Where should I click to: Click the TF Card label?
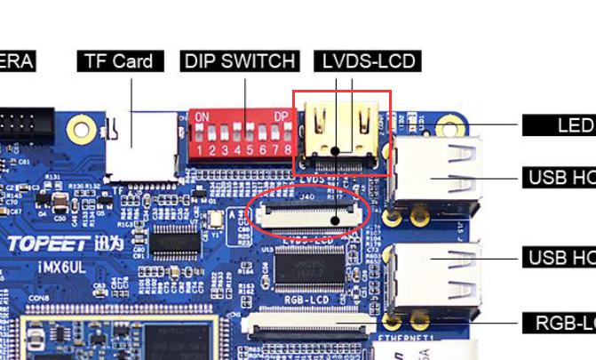point(120,61)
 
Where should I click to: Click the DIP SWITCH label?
point(238,61)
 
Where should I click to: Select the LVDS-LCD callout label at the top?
point(367,61)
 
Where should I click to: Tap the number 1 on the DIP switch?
point(201,150)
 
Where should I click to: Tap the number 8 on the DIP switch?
point(287,150)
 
